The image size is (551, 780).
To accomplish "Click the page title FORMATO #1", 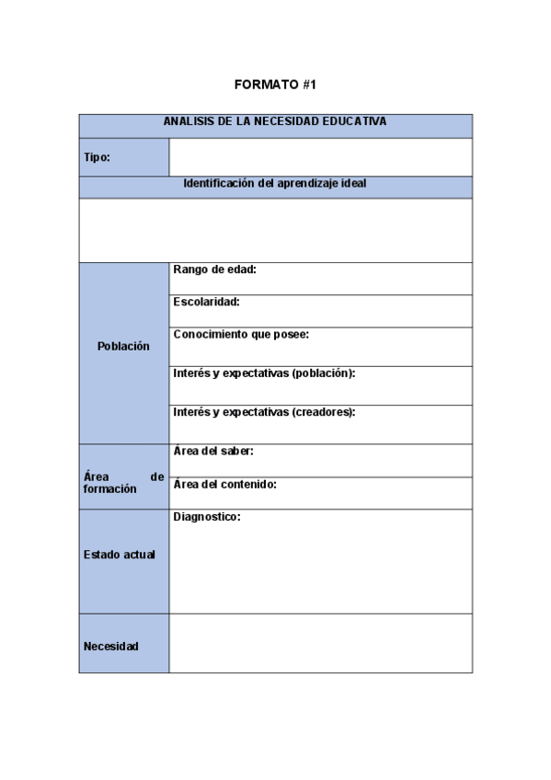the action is pyautogui.click(x=275, y=85).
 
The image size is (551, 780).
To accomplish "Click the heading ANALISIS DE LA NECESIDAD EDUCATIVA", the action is pyautogui.click(x=275, y=120).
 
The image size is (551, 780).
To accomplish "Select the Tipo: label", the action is pyautogui.click(x=97, y=157).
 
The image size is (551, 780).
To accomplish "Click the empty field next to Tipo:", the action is pyautogui.click(x=320, y=157).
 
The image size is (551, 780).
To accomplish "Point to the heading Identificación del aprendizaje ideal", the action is pyautogui.click(x=275, y=183).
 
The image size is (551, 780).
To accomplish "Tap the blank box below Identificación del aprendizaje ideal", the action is pyautogui.click(x=275, y=230).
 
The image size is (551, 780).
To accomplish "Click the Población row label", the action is pyautogui.click(x=123, y=347).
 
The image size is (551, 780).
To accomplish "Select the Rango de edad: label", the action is pyautogui.click(x=214, y=270).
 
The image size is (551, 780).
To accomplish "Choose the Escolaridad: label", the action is pyautogui.click(x=206, y=302).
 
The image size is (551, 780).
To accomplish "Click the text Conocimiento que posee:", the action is pyautogui.click(x=241, y=335).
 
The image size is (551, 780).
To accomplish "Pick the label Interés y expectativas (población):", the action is pyautogui.click(x=264, y=373).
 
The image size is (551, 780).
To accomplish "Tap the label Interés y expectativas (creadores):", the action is pyautogui.click(x=264, y=412).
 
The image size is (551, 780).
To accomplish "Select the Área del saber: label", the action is pyautogui.click(x=213, y=452).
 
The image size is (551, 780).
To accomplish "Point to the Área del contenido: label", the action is pyautogui.click(x=224, y=484).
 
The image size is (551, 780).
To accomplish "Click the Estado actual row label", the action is pyautogui.click(x=120, y=555).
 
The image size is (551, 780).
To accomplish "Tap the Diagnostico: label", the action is pyautogui.click(x=207, y=517).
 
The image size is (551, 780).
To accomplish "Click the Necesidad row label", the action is pyautogui.click(x=111, y=647).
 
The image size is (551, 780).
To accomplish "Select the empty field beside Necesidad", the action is pyautogui.click(x=320, y=644).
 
